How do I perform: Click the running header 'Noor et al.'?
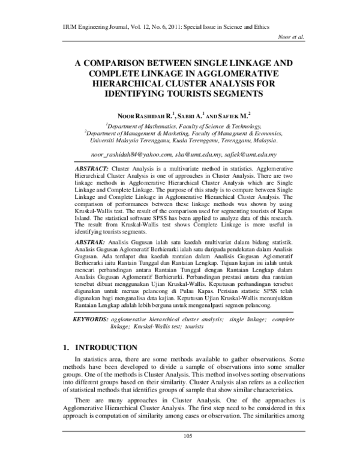[291, 37]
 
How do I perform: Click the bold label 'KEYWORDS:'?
[91, 319]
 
